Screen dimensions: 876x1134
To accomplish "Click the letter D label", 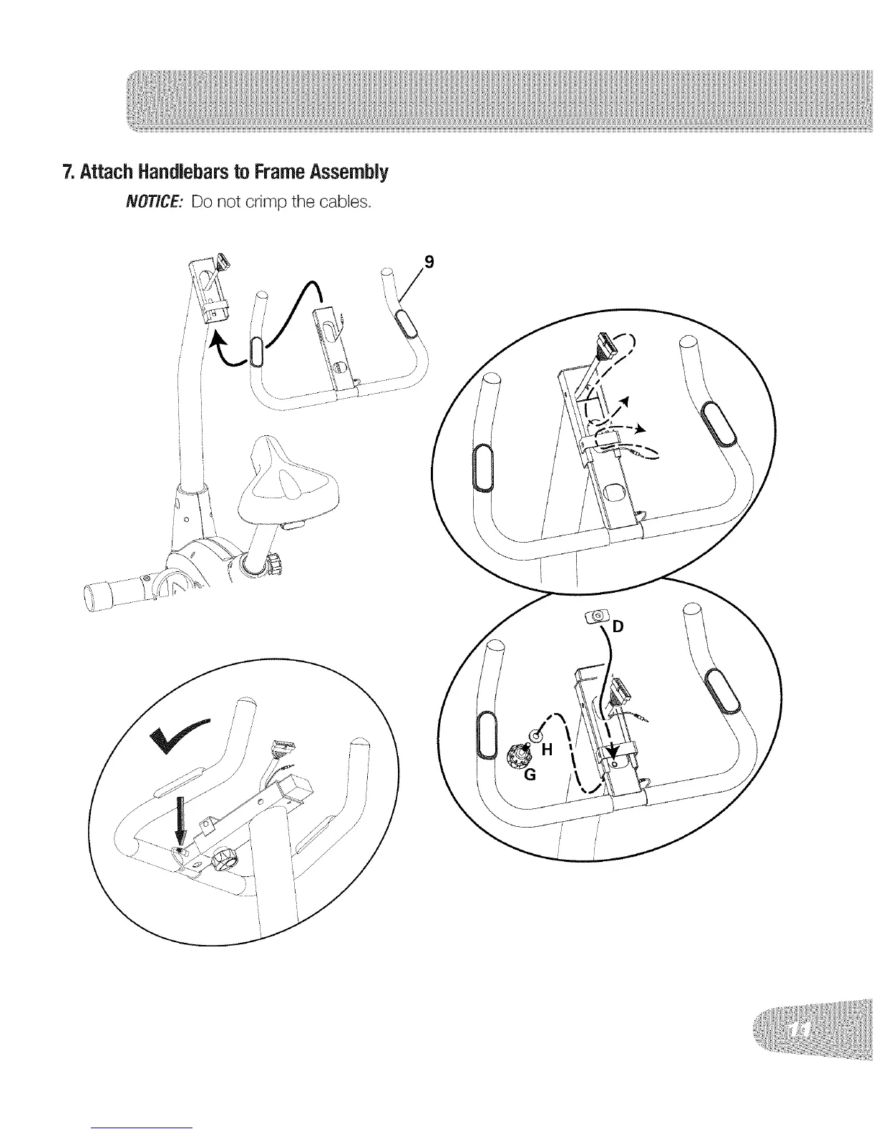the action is tap(618, 628).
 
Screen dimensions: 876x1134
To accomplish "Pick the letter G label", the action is tap(531, 775).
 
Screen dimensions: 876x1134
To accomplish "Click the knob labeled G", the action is tap(517, 755).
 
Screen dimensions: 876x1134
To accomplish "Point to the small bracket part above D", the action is tap(597, 615).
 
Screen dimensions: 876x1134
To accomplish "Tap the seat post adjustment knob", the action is tap(274, 563).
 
